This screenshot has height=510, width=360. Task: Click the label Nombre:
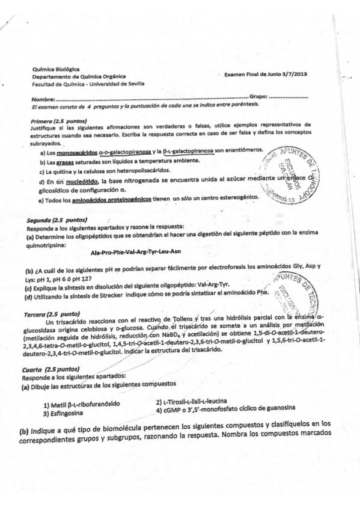[x=44, y=98]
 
